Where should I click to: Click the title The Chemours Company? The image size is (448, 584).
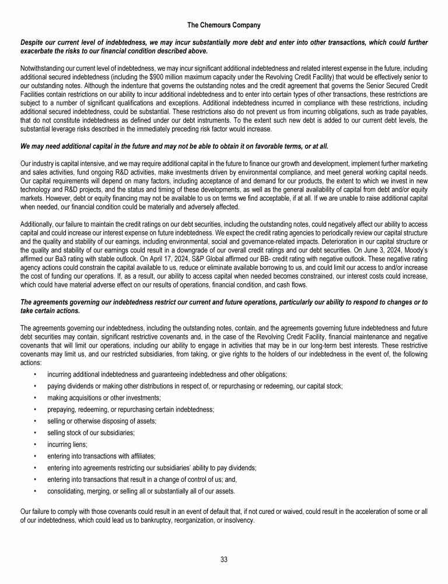click(x=224, y=25)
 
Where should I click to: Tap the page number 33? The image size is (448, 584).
click(x=224, y=559)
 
